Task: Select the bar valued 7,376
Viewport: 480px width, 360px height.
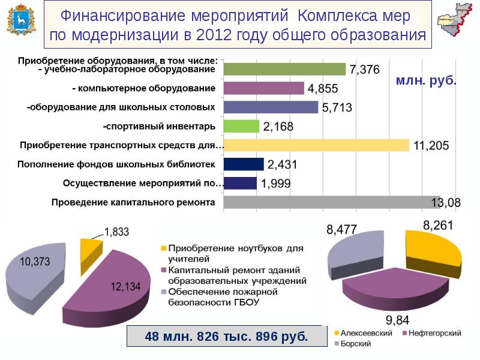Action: (284, 69)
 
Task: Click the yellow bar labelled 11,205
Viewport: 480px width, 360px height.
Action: (316, 145)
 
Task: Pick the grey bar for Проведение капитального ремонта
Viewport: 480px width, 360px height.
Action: (332, 202)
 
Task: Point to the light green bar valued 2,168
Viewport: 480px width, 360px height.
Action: (241, 126)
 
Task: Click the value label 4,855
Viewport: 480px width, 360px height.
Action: (323, 89)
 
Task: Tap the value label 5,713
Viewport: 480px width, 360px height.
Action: (337, 108)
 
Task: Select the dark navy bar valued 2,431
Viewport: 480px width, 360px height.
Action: (243, 164)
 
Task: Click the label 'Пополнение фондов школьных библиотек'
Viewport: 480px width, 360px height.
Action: (116, 164)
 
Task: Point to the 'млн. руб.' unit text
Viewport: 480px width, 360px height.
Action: (425, 80)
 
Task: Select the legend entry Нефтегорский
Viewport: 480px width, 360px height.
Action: (431, 332)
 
